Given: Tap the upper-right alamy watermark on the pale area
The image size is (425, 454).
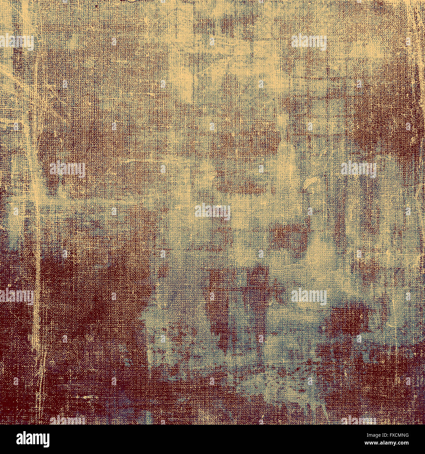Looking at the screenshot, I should point(309,42).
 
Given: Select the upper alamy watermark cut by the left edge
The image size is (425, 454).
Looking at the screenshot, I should point(16,42).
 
